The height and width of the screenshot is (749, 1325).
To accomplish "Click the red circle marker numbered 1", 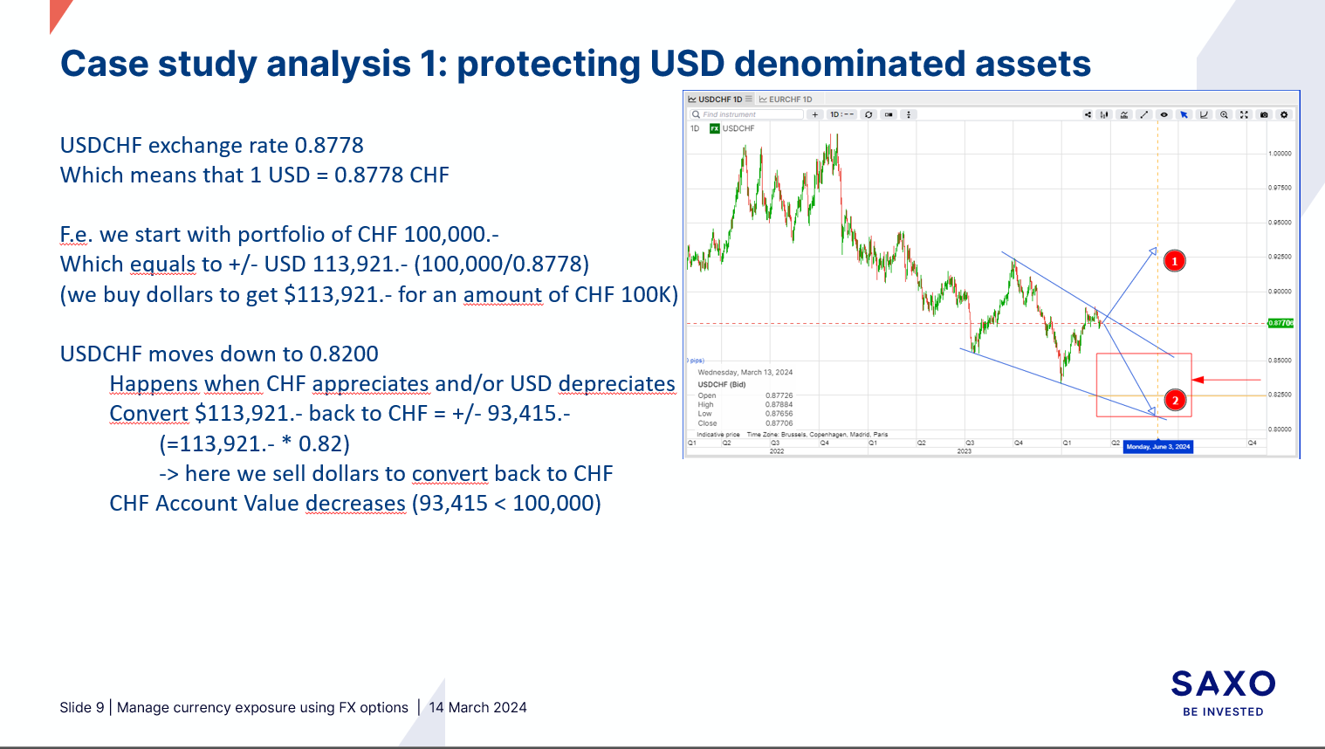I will (x=1175, y=261).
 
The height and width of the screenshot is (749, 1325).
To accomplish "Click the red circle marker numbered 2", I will (x=1175, y=401).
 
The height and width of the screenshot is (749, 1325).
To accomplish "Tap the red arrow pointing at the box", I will (x=1225, y=380).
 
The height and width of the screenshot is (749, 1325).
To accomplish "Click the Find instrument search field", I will (x=746, y=114).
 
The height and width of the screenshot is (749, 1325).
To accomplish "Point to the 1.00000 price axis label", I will (x=1280, y=154).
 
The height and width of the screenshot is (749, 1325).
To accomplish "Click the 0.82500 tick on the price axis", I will (x=1280, y=395).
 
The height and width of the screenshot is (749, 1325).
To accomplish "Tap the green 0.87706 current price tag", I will (x=1280, y=323).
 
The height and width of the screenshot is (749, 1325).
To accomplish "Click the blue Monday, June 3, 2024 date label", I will (x=1157, y=447).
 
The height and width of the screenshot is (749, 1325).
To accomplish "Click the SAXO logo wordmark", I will (x=1223, y=684).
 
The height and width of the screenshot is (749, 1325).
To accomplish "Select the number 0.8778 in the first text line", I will (x=328, y=145).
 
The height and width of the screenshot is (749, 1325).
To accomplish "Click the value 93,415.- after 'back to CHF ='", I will (x=528, y=414).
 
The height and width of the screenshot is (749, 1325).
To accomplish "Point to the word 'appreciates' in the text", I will (x=370, y=384).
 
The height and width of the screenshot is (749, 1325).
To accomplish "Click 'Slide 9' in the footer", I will (x=81, y=708).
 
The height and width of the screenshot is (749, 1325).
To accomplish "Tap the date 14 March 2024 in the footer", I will (x=477, y=708).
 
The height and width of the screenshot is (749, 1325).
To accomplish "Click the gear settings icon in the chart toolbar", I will (x=1283, y=114).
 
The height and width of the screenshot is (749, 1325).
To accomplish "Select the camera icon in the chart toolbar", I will (x=1263, y=114).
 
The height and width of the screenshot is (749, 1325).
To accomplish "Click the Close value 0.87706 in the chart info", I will (x=779, y=423).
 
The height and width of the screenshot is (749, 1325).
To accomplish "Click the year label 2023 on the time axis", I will (x=964, y=451).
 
